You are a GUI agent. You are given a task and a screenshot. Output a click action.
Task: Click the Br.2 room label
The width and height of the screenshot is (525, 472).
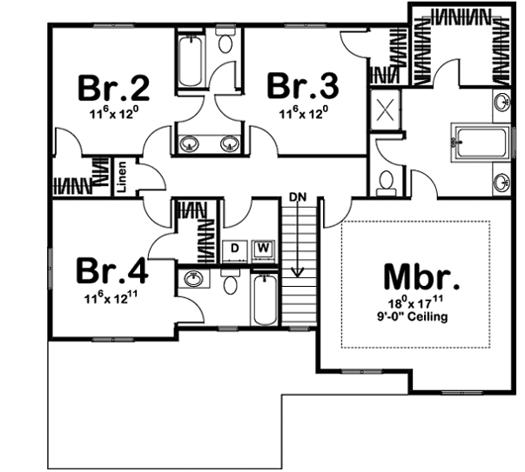click(115, 89)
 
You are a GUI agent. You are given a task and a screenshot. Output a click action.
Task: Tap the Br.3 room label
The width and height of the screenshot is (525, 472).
click(302, 89)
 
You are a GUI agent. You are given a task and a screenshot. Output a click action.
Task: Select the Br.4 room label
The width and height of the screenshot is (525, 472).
click(111, 270)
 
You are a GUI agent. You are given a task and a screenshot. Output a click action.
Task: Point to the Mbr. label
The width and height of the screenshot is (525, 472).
click(421, 279)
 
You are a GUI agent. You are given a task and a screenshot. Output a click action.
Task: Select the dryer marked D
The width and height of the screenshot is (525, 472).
click(234, 249)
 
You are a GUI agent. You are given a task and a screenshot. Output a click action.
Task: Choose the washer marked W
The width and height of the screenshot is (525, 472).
click(262, 249)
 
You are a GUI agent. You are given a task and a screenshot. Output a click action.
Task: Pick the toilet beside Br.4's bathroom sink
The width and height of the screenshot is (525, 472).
click(231, 284)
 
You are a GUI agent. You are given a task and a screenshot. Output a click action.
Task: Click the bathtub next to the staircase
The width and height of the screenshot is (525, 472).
click(264, 298)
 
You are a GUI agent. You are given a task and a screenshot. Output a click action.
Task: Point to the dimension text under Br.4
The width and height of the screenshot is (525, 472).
click(111, 299)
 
